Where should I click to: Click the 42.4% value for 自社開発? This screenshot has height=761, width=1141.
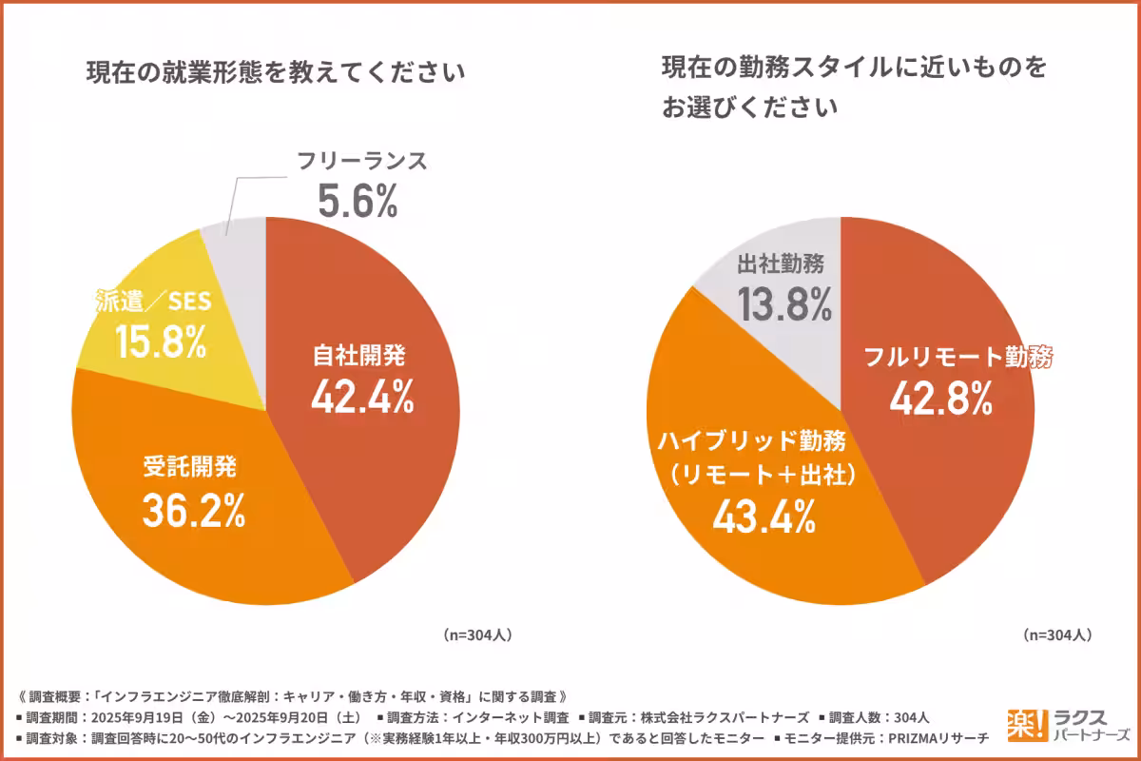pyautogui.click(x=361, y=397)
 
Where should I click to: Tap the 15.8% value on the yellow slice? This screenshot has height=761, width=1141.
pyautogui.click(x=161, y=341)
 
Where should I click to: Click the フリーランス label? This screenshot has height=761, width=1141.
pyautogui.click(x=361, y=162)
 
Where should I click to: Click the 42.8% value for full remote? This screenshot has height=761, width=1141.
pyautogui.click(x=940, y=400)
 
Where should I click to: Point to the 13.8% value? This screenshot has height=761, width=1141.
pyautogui.click(x=784, y=305)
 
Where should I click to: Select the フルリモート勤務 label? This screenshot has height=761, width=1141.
pyautogui.click(x=959, y=358)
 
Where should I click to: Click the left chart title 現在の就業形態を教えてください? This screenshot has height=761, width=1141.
pyautogui.click(x=277, y=72)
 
